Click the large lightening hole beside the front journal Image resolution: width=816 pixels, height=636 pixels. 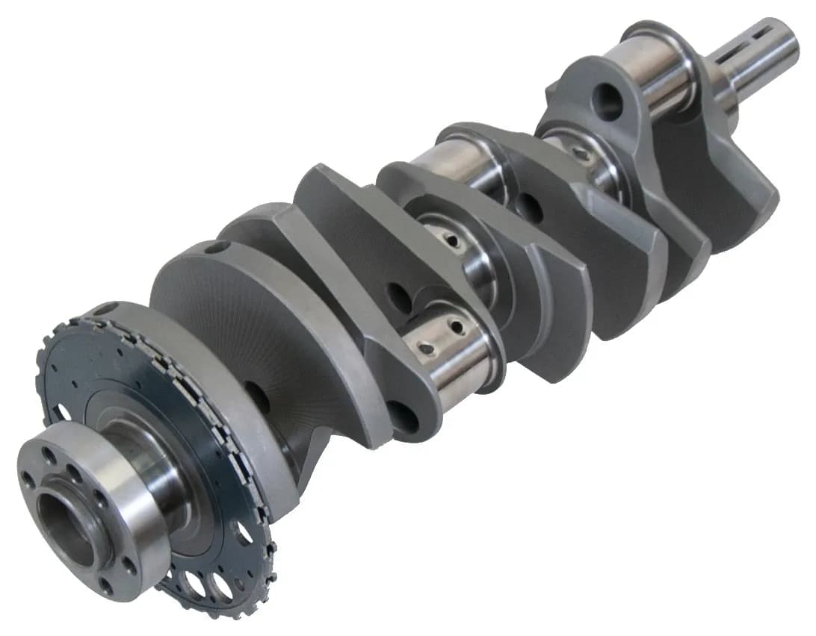pyautogui.click(x=607, y=101)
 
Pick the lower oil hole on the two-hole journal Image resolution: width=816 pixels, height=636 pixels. pyautogui.click(x=426, y=349)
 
